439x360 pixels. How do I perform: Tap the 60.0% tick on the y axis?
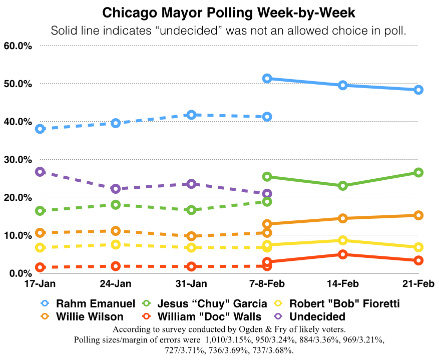tap(18, 46)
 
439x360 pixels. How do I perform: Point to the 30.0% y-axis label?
tap(18, 159)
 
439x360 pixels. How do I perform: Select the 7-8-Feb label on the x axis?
tap(267, 284)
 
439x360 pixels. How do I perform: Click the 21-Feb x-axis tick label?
tap(418, 284)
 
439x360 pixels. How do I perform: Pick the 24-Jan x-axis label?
tap(116, 284)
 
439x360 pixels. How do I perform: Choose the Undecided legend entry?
tap(312, 316)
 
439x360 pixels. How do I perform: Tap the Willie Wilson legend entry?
tap(83, 316)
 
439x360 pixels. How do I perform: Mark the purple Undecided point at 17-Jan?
tap(40, 172)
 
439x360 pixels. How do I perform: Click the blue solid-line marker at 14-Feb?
tap(343, 85)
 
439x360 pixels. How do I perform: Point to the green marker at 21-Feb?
tap(418, 172)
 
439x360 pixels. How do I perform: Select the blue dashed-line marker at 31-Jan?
tap(191, 115)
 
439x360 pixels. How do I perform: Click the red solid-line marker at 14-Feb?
tap(343, 254)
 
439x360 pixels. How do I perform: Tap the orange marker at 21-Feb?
tap(418, 215)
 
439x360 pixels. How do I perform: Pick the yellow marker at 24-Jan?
tap(116, 244)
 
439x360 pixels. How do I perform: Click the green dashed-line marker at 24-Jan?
tap(116, 204)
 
